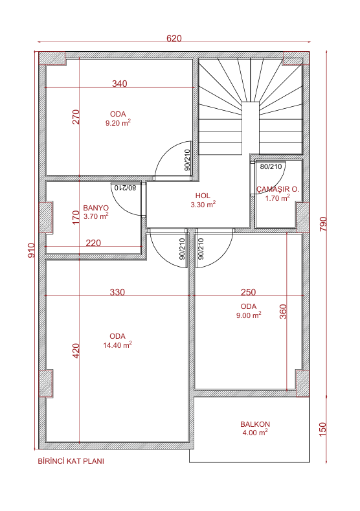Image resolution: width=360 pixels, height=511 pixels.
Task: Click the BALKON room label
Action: click(x=255, y=424)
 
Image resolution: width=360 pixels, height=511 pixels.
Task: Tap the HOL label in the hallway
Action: click(x=203, y=196)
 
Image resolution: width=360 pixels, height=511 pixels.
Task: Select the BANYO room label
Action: click(x=96, y=208)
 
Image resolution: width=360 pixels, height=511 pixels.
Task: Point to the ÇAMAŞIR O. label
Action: click(x=278, y=189)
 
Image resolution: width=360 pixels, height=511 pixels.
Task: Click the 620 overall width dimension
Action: click(x=174, y=38)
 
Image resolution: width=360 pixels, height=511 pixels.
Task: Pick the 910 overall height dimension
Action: click(x=31, y=250)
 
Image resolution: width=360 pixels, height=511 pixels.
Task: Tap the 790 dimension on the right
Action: click(x=323, y=224)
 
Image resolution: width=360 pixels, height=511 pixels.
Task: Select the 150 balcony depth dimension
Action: click(x=322, y=429)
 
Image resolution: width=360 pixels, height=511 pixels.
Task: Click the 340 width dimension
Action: click(x=120, y=84)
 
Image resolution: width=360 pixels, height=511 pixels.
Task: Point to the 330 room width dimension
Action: click(x=117, y=292)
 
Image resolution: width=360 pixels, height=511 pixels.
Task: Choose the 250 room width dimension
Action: click(x=248, y=292)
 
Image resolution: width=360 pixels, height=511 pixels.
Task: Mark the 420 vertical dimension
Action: click(x=76, y=351)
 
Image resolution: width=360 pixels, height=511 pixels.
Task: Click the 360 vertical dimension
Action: click(x=283, y=312)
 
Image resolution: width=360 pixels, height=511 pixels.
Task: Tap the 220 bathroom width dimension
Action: click(x=93, y=243)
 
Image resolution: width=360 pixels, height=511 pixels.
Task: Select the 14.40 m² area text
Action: click(x=118, y=345)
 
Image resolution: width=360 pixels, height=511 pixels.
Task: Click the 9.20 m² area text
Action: click(x=118, y=123)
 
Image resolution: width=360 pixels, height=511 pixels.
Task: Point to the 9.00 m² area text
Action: click(x=249, y=315)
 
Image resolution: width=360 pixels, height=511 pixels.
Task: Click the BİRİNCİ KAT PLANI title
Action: click(x=71, y=461)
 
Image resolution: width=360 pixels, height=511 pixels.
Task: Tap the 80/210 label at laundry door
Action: click(x=271, y=167)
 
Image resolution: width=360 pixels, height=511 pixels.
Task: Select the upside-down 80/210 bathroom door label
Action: click(x=125, y=188)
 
